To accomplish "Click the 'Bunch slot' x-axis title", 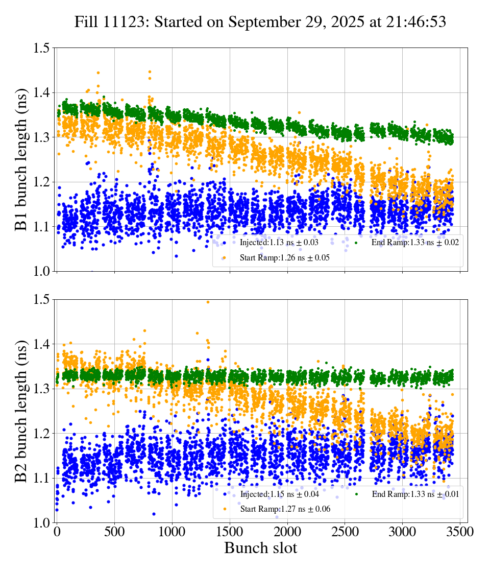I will (260, 548).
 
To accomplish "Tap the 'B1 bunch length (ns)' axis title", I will (21, 159).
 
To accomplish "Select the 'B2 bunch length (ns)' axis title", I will (21, 411).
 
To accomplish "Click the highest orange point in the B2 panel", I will (208, 302).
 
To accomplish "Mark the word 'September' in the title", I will (259, 22).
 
